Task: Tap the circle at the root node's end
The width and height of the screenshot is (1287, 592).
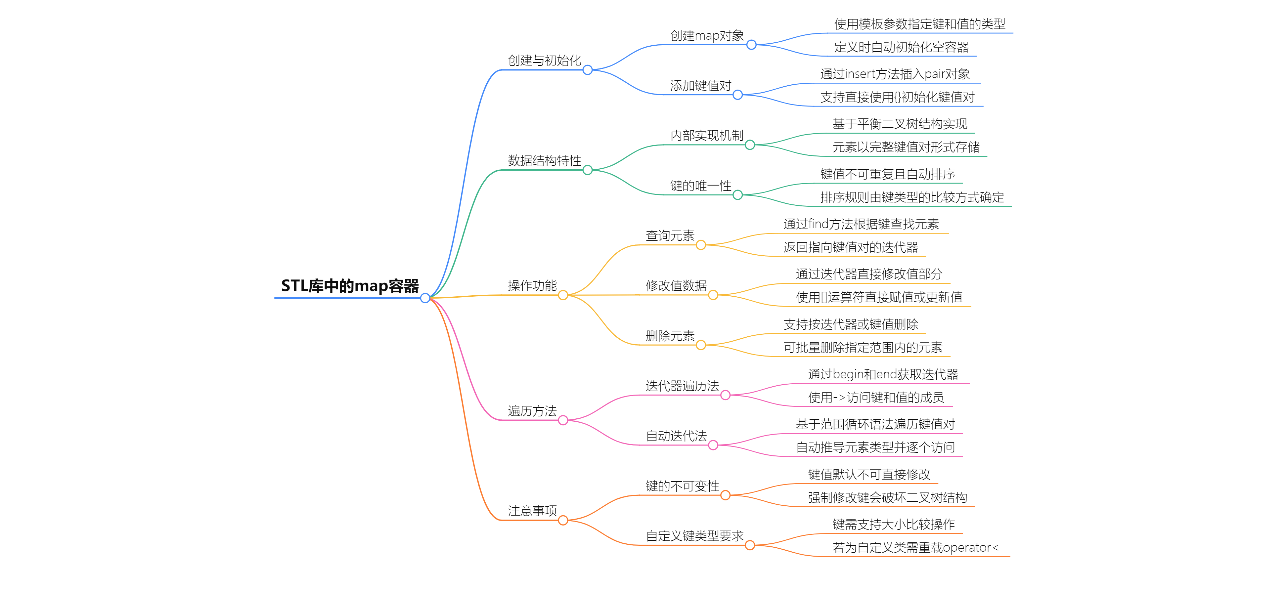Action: (x=425, y=298)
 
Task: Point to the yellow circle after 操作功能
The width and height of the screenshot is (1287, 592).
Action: (x=563, y=295)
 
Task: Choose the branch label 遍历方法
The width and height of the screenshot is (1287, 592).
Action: (x=532, y=411)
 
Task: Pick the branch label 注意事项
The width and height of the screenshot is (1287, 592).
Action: (x=532, y=511)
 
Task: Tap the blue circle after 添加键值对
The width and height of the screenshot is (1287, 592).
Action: (x=737, y=95)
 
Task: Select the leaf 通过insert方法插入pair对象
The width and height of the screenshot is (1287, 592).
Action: (x=895, y=74)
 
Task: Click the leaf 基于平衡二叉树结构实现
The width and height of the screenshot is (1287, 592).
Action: (x=899, y=124)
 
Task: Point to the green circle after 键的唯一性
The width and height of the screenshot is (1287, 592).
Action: (x=737, y=195)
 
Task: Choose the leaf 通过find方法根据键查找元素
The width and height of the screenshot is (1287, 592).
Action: (x=861, y=224)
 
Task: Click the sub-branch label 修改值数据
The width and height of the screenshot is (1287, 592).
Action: (x=676, y=285)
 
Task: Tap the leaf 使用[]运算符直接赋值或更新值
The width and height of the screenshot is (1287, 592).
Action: (x=879, y=297)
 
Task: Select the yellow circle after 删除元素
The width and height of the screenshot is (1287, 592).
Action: (x=701, y=345)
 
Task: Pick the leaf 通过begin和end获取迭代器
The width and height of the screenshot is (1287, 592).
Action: (x=883, y=374)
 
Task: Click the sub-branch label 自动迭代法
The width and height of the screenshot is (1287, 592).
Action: (x=676, y=436)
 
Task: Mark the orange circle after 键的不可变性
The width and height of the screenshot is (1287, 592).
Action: (x=726, y=495)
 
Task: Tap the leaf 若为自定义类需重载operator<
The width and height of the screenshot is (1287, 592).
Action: (x=915, y=548)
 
